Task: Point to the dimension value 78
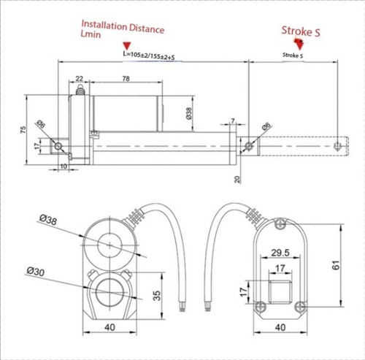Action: click(126, 77)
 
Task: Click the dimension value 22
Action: click(78, 77)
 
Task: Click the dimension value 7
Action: click(233, 121)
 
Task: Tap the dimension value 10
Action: click(63, 167)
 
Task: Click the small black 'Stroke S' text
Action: click(291, 55)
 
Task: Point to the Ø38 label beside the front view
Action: click(48, 218)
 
